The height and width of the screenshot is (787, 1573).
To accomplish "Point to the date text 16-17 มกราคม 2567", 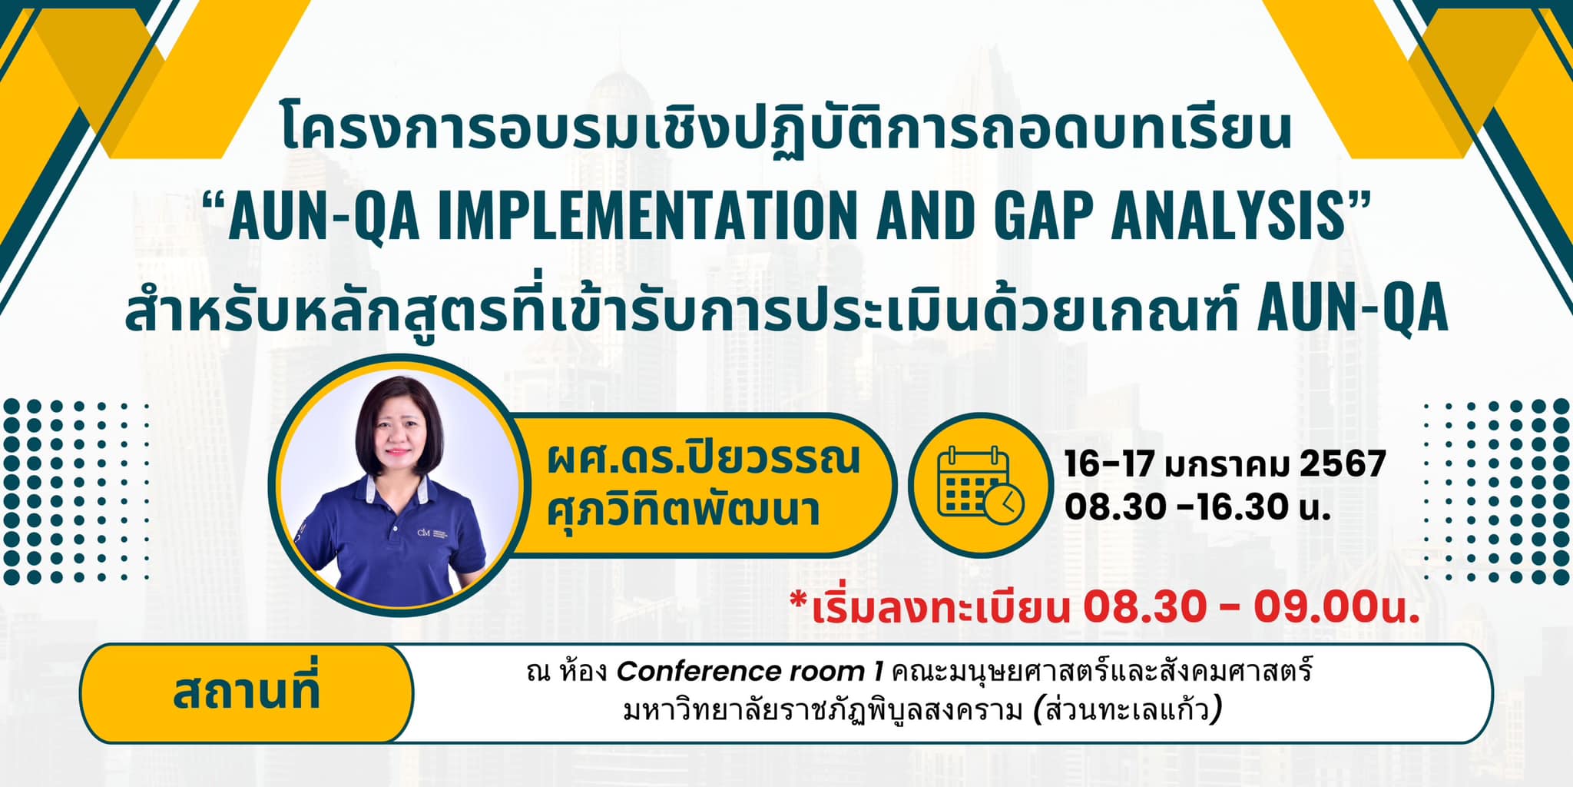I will click(x=1224, y=464).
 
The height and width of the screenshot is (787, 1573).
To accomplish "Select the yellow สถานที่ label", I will click(x=246, y=692).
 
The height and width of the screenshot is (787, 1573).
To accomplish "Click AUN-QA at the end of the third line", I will click(x=1352, y=308).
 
